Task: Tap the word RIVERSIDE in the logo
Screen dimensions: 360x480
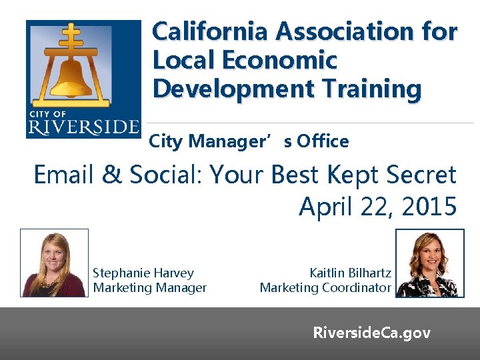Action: coord(84,126)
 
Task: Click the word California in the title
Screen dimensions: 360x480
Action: coord(210,31)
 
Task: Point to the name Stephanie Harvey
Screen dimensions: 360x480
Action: coord(143,273)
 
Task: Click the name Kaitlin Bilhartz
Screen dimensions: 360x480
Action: coord(350,273)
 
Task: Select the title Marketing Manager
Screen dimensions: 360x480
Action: coord(150,288)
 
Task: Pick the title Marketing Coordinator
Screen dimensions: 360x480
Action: coord(325,288)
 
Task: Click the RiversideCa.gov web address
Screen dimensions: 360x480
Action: coord(372,333)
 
